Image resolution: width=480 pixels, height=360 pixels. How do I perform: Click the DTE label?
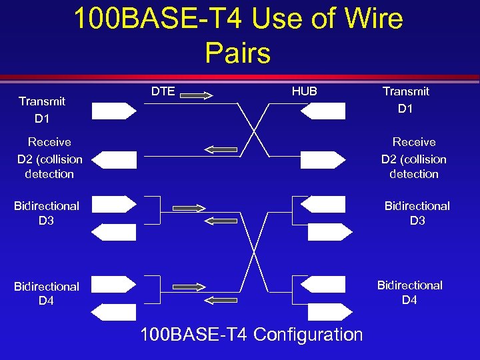(163, 91)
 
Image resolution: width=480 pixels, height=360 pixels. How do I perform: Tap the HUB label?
(304, 91)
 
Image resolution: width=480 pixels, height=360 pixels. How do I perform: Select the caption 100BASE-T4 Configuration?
(251, 334)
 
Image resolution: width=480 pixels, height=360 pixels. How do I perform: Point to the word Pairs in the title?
(238, 53)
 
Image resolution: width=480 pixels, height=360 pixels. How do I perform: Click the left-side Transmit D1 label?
(42, 109)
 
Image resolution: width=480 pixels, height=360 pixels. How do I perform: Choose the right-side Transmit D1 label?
(406, 99)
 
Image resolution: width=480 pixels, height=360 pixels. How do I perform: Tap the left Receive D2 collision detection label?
(49, 158)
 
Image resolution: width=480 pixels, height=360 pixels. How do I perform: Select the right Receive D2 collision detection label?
(414, 158)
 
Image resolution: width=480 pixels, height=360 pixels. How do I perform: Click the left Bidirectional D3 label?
(47, 213)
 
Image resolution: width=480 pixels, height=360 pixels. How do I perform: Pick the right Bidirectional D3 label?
(417, 213)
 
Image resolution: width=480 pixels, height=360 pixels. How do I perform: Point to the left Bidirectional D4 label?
(47, 293)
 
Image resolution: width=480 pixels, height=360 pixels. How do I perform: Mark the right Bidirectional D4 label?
(410, 292)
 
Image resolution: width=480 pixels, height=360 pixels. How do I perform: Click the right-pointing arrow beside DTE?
(196, 95)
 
